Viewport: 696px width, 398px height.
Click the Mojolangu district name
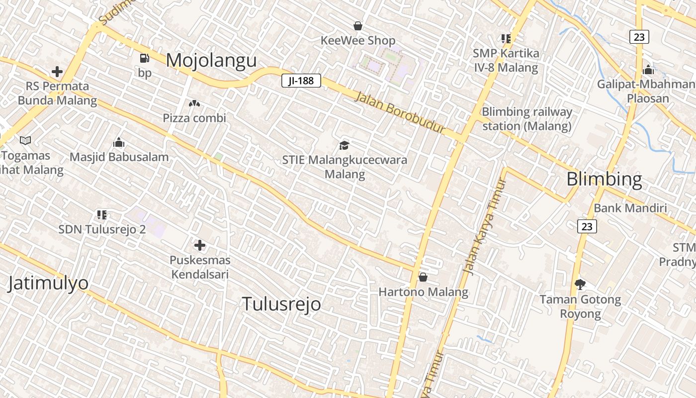[x=211, y=60]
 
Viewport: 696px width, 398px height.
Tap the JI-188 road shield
[x=301, y=81]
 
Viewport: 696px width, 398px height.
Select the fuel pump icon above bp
[x=144, y=58]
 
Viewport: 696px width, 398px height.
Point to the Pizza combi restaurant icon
[x=194, y=103]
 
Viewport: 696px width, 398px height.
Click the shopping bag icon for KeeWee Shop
[x=357, y=25]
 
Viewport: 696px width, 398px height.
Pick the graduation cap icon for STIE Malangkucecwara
[x=344, y=145]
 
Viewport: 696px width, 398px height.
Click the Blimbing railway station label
[x=527, y=119]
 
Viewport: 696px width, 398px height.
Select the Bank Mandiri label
[x=630, y=208]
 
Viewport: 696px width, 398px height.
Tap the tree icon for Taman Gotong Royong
[x=580, y=285]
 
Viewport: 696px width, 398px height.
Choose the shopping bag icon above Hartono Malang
[x=423, y=277]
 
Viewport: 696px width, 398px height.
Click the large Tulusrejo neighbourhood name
[x=281, y=303]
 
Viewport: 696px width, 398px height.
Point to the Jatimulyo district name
[x=48, y=283]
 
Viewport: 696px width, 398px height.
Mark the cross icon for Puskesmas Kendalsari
[x=200, y=245]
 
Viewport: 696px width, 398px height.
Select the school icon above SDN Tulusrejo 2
[x=102, y=215]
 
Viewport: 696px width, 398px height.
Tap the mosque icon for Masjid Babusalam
[x=119, y=143]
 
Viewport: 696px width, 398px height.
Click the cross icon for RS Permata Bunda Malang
[x=57, y=72]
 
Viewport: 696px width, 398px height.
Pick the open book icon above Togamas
[x=25, y=141]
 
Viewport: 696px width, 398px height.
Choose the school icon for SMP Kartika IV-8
[x=506, y=38]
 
